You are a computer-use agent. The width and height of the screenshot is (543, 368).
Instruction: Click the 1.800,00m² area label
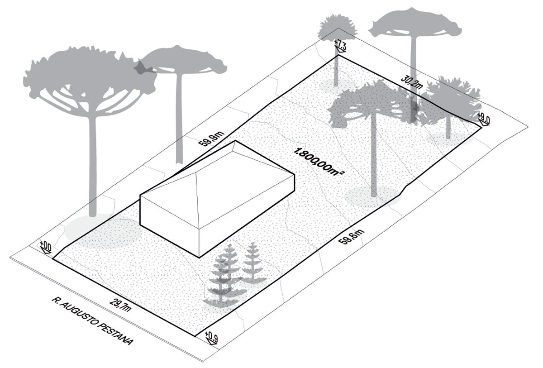pos(317,166)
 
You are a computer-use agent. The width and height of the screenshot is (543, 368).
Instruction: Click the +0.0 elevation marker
pos(46,248)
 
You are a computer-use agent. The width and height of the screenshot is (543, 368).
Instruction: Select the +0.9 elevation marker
pos(211,337)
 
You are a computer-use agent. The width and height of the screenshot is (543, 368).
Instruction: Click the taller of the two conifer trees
pos(223,276)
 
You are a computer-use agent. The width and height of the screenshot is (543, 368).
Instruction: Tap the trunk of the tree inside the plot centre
pos(374,158)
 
